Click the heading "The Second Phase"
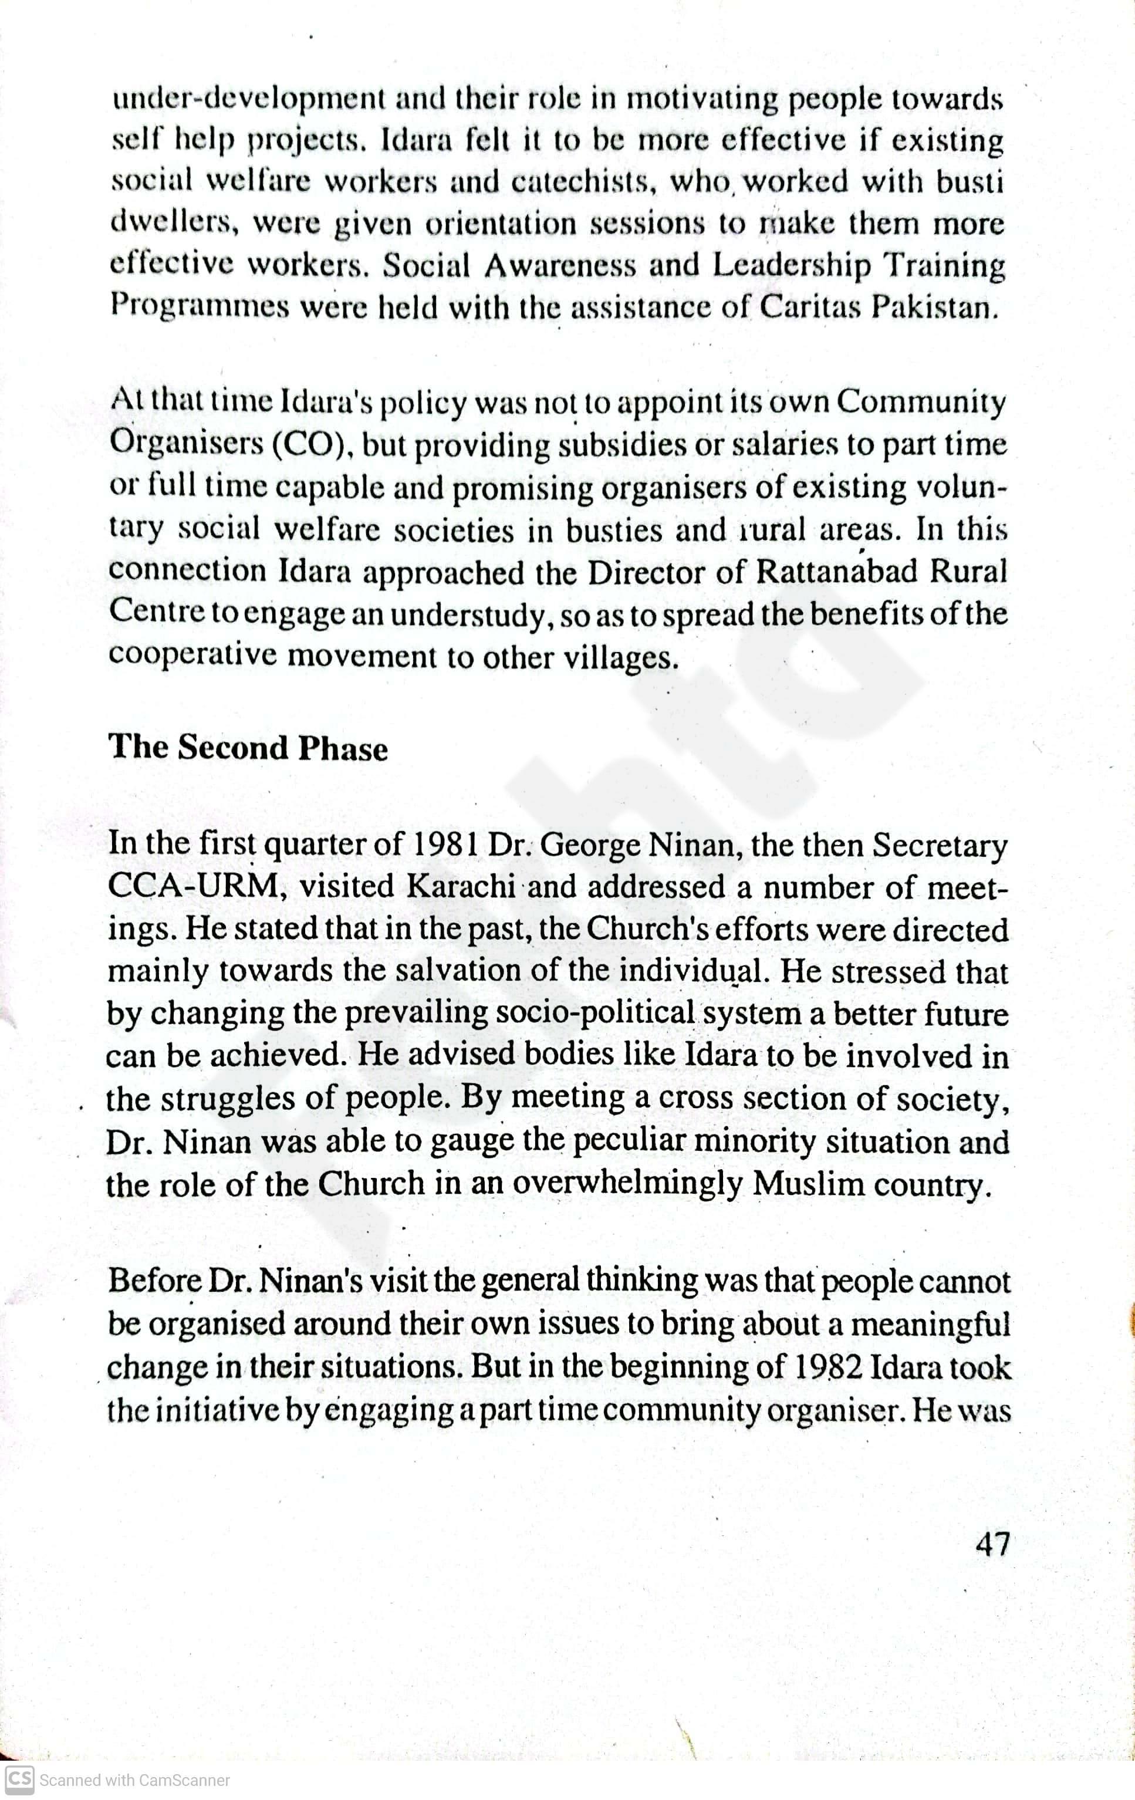click(248, 748)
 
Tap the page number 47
click(993, 1543)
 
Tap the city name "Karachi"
click(461, 887)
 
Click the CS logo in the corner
click(18, 1780)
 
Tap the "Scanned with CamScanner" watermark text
click(134, 1781)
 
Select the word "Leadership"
click(792, 266)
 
